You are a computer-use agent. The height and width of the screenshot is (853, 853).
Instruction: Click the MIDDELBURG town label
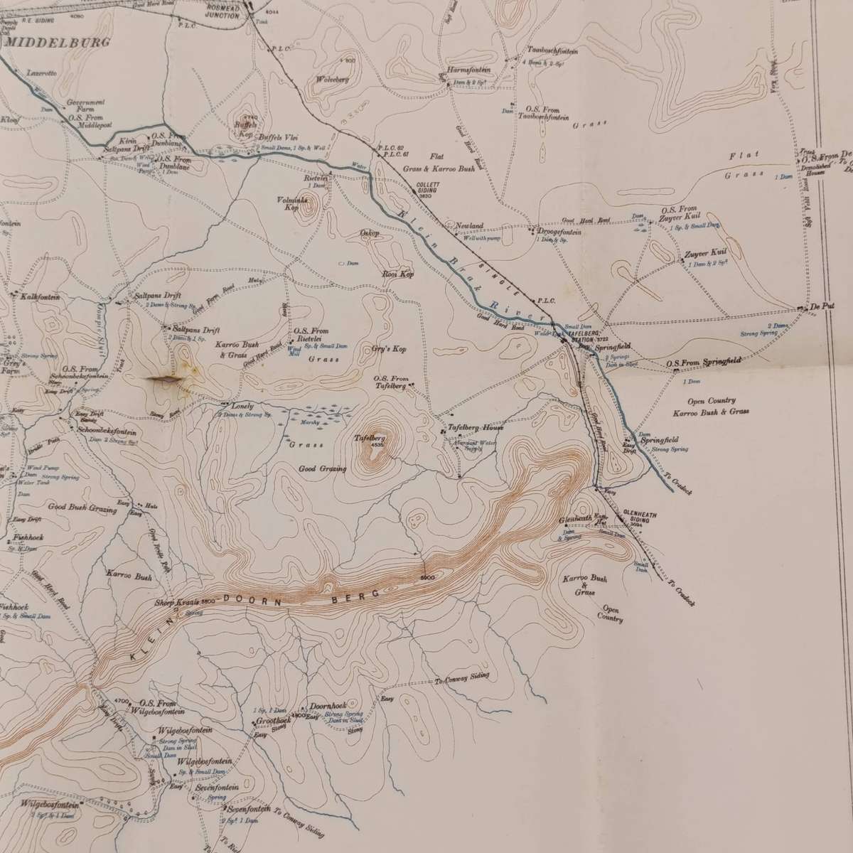coord(59,43)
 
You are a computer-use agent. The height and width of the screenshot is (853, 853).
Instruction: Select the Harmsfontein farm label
coord(466,70)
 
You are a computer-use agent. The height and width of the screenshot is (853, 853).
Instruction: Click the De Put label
coord(825,306)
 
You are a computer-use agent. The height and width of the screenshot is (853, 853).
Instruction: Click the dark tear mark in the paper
coord(165,382)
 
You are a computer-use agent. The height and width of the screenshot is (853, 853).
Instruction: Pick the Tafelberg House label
coord(476,428)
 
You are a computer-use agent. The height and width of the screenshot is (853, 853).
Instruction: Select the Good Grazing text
coord(323,469)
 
